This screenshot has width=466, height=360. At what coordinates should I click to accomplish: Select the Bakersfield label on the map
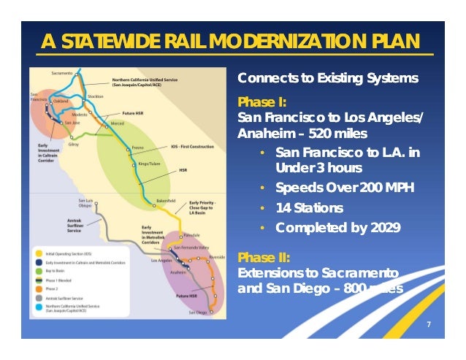click(167, 199)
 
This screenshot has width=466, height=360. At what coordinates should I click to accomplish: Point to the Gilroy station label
click(72, 145)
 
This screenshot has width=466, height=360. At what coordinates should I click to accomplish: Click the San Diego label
click(198, 312)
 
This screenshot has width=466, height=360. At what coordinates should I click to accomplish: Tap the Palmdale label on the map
click(189, 236)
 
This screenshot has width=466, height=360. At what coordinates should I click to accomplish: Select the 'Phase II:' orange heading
click(264, 257)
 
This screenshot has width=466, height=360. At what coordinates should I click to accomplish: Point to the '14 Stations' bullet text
click(309, 208)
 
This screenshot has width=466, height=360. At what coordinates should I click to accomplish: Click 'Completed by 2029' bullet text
click(337, 228)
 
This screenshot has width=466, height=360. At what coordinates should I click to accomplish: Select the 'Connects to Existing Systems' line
click(328, 77)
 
